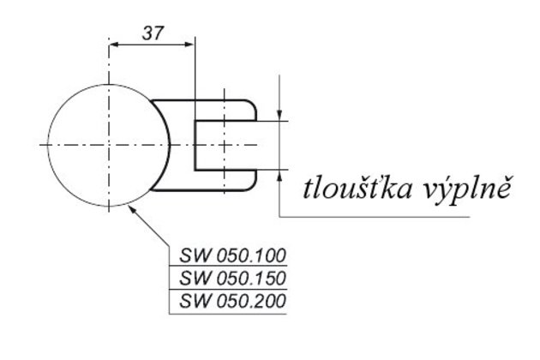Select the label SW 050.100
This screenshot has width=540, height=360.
[231, 255]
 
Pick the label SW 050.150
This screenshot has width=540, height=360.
[231, 279]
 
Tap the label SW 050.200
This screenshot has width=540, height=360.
[231, 302]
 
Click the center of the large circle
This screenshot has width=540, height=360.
[109, 146]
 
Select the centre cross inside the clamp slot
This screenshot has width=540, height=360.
[224, 146]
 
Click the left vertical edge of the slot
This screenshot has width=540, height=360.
[195, 146]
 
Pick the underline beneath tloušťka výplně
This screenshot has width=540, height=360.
[377, 216]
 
